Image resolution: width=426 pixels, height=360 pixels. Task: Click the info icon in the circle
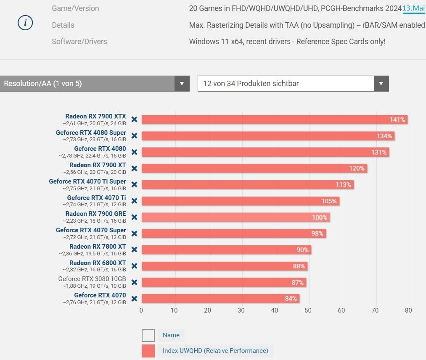[25, 24]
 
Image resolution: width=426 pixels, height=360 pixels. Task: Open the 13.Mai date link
[414, 8]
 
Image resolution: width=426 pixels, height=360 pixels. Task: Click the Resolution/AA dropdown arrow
[182, 84]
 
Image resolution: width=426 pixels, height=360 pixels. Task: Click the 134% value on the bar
[384, 136]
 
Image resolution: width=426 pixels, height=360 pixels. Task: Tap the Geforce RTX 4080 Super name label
[91, 133]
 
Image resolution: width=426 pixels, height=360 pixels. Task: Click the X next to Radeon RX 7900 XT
[134, 168]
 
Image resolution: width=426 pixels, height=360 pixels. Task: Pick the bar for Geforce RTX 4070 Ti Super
[247, 185]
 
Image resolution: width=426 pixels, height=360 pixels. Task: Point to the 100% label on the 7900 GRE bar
[320, 218]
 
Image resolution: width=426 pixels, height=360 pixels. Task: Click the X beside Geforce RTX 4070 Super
[134, 234]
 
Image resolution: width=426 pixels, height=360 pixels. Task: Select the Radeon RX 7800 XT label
[98, 247]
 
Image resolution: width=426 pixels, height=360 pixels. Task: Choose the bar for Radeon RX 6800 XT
[224, 266]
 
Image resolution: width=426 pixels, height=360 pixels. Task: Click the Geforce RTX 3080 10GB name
[92, 279]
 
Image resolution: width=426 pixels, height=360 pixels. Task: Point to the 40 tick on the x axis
[275, 310]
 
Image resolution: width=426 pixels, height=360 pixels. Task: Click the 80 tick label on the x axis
[408, 310]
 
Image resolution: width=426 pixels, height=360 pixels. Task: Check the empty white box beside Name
[148, 335]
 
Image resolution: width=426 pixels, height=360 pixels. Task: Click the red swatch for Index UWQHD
[148, 351]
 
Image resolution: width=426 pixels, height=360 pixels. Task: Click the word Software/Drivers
[79, 42]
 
